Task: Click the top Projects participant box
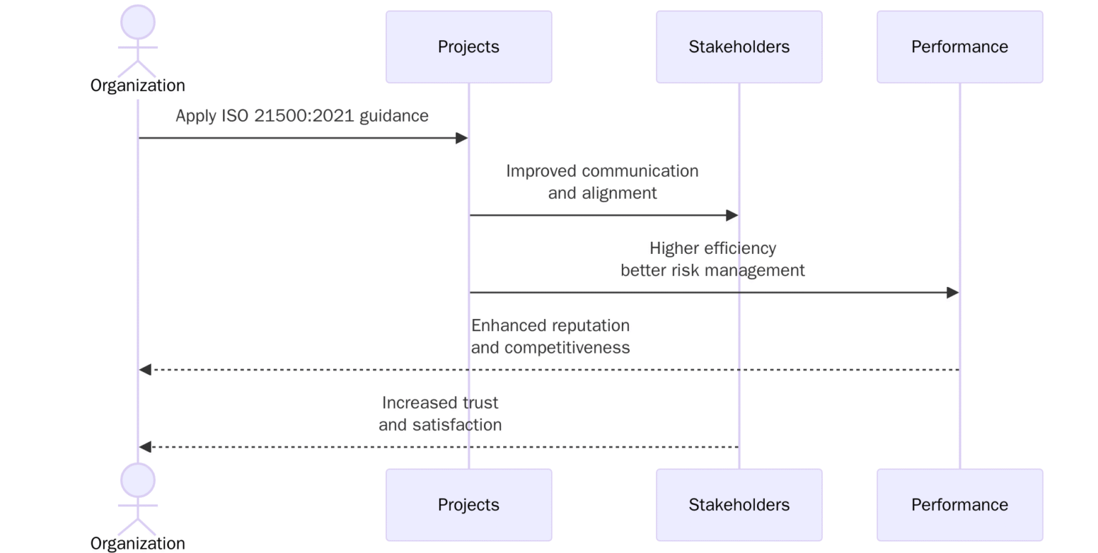(x=468, y=47)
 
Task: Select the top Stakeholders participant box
(x=738, y=47)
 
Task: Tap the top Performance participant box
(x=959, y=47)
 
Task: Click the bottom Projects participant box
(x=468, y=505)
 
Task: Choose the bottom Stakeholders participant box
(x=738, y=505)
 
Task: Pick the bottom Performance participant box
(x=959, y=505)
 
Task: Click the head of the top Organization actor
(x=138, y=22)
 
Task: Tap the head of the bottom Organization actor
(x=138, y=480)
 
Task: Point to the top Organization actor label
(x=138, y=86)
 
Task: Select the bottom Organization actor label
(x=138, y=544)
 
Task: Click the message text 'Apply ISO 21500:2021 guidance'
(x=302, y=116)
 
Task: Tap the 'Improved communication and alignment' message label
(x=602, y=182)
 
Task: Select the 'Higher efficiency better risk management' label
(x=712, y=259)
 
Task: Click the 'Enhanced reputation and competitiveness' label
(x=550, y=336)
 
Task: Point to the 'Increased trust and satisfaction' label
(x=440, y=413)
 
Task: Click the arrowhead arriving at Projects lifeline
(x=462, y=138)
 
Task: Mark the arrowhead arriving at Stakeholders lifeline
(x=732, y=215)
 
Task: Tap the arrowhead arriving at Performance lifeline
(x=952, y=293)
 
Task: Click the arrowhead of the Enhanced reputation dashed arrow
(x=145, y=370)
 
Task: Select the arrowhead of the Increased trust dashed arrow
(x=145, y=447)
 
